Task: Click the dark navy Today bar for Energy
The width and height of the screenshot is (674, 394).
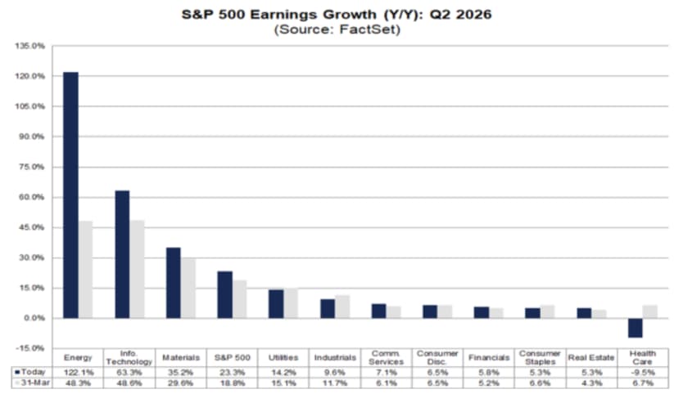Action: coord(71,195)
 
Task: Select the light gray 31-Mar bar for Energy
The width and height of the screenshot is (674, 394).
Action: coord(85,270)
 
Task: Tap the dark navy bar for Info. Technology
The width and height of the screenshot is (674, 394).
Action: coord(122,254)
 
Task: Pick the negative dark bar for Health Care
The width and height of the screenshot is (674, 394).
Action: coord(635,328)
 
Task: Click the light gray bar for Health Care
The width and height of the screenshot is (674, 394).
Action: coord(650,311)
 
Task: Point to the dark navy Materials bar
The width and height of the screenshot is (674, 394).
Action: coord(174,283)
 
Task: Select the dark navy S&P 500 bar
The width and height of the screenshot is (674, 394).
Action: coord(225,295)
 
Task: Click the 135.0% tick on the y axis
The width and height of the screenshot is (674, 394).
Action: coord(30,46)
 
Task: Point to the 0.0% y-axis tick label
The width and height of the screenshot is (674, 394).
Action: coord(34,318)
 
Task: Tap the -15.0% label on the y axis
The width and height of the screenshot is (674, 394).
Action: coord(30,348)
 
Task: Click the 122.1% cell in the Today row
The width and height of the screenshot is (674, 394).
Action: coord(78,373)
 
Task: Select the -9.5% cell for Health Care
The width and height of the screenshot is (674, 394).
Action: coord(642,373)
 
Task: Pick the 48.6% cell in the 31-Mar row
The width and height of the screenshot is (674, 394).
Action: coord(129,383)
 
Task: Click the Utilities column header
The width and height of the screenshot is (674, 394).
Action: coord(283,357)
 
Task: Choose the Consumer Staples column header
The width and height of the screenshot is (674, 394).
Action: coord(540,357)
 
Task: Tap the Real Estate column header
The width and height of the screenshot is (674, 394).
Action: coord(591,357)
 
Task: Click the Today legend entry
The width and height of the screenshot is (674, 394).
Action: coord(30,372)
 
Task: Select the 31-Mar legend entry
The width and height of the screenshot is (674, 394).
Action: coord(32,383)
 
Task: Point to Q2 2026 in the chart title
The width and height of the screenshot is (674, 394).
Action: coord(460,14)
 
